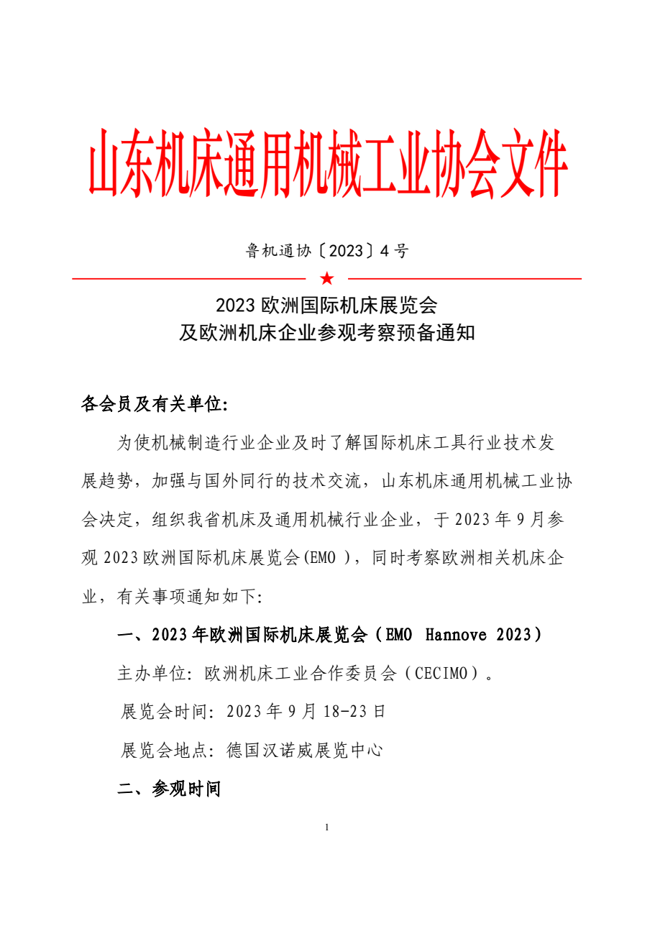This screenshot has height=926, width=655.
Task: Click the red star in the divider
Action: [x=327, y=278]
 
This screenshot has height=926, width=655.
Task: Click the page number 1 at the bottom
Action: [x=327, y=828]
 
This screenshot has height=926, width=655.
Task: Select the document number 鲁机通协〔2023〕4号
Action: [x=327, y=251]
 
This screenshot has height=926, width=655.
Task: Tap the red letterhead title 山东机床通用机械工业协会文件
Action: [x=327, y=164]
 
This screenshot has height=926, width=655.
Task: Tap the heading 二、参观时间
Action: [x=169, y=789]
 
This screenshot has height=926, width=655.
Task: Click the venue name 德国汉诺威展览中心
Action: [x=304, y=751]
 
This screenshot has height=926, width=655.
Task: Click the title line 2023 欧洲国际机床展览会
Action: [x=327, y=305]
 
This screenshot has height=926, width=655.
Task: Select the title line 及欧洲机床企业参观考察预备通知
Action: [x=327, y=334]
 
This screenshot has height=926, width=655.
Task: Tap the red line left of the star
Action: [x=190, y=278]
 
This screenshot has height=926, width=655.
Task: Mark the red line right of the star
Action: [x=464, y=278]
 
